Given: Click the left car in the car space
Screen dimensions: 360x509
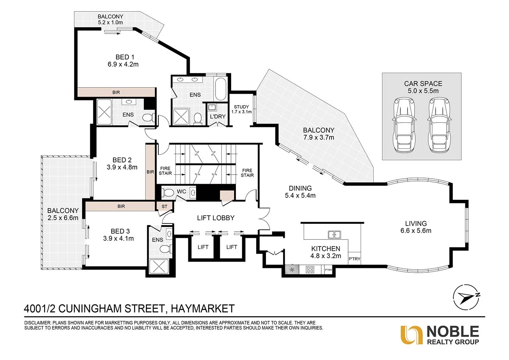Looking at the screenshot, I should click(403, 125).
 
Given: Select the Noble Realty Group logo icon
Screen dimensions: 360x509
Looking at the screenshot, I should click(411, 335).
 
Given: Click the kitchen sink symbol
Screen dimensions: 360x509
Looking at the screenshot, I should click(334, 234).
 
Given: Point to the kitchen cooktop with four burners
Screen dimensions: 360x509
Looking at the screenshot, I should click(310, 270).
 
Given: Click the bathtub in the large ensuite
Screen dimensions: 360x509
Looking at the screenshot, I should click(221, 89).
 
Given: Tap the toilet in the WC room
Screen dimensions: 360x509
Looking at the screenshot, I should click(168, 193).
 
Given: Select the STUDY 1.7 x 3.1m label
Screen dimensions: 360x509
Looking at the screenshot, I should click(241, 109).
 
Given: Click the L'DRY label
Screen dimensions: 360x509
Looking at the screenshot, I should click(218, 116).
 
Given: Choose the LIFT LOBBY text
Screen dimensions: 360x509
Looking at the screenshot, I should click(216, 218).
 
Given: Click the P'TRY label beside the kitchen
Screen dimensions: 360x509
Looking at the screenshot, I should click(354, 259).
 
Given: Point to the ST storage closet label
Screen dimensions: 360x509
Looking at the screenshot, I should click(165, 206).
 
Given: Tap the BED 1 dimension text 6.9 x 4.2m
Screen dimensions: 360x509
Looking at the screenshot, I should click(123, 64).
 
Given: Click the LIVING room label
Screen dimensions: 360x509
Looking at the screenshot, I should click(416, 223).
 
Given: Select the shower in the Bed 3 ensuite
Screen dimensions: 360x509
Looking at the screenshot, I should click(157, 267).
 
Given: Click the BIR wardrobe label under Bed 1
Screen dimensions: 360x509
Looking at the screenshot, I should click(116, 92).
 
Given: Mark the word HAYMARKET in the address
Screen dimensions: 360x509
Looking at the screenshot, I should click(203, 308).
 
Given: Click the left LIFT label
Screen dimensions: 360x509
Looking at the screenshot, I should click(203, 247).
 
